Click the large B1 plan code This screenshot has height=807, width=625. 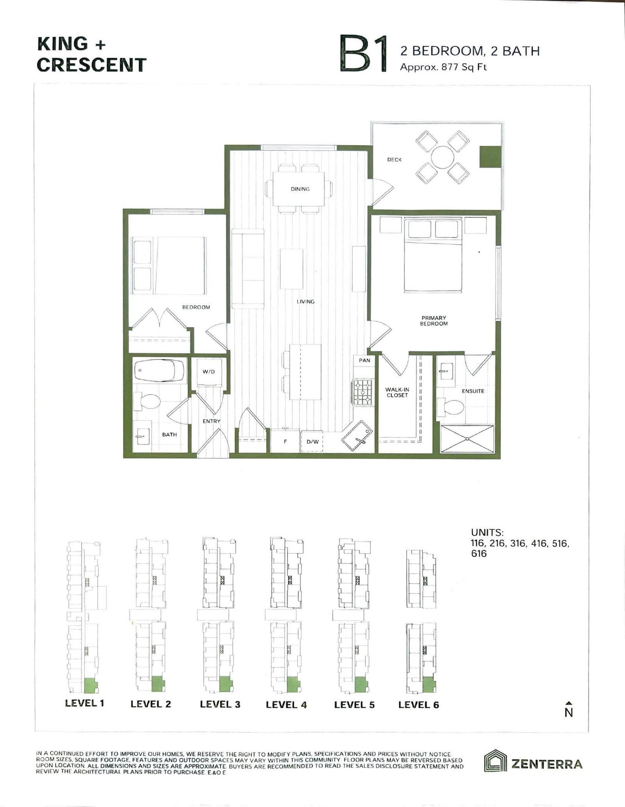(x=364, y=54)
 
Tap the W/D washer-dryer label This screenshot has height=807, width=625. (x=209, y=371)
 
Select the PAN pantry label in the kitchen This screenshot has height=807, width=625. (x=364, y=360)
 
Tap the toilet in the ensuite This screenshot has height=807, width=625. (x=450, y=406)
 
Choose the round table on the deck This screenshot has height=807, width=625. (x=443, y=157)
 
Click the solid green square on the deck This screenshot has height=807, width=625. (x=490, y=157)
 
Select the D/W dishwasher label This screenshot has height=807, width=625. (x=312, y=442)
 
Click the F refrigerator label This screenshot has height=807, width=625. (x=285, y=442)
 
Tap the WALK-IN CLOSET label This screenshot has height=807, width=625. (x=397, y=392)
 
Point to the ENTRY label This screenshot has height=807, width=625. (x=211, y=421)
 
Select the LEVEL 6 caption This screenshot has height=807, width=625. (x=418, y=705)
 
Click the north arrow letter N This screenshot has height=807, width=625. (x=569, y=713)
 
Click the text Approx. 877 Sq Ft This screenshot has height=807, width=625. (x=443, y=67)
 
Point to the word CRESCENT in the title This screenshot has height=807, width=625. (x=92, y=65)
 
